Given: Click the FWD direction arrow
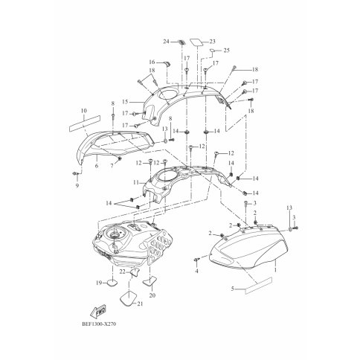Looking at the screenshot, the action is (98, 310).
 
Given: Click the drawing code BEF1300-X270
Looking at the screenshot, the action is (99, 324).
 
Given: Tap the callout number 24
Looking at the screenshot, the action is (166, 42).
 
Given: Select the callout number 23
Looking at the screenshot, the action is (212, 42).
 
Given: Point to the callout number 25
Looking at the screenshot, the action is (227, 51).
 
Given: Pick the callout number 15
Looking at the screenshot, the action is (125, 102).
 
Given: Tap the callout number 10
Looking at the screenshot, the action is (84, 111).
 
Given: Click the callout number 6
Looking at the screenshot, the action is (97, 166).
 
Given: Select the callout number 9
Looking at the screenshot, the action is (77, 185).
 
